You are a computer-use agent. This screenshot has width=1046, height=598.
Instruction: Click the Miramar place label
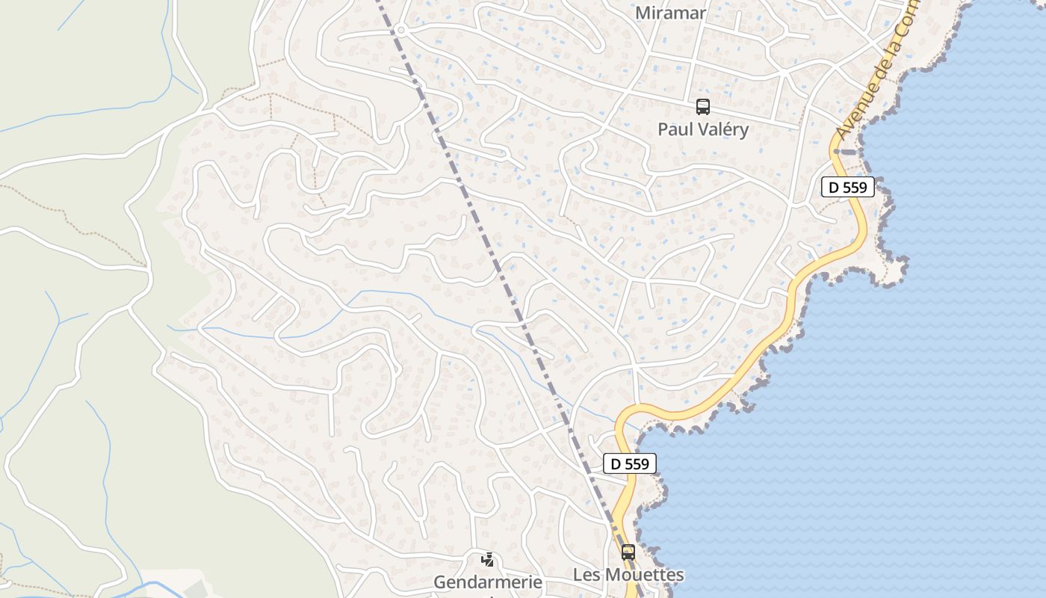click(670, 13)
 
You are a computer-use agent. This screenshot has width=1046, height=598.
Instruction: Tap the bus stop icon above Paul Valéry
click(702, 107)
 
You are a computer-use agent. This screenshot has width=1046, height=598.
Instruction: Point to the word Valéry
click(722, 129)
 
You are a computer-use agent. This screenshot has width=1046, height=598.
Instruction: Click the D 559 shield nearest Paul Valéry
click(847, 187)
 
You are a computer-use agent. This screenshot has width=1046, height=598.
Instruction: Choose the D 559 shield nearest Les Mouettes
click(630, 463)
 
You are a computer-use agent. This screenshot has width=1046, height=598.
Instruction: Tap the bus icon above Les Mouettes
click(628, 552)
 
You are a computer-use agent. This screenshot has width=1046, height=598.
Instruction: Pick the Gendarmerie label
click(488, 582)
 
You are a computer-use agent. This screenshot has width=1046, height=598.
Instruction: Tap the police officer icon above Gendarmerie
click(487, 559)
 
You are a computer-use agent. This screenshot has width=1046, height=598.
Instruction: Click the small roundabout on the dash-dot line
click(400, 31)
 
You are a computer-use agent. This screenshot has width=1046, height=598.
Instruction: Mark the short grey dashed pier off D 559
click(847, 151)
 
